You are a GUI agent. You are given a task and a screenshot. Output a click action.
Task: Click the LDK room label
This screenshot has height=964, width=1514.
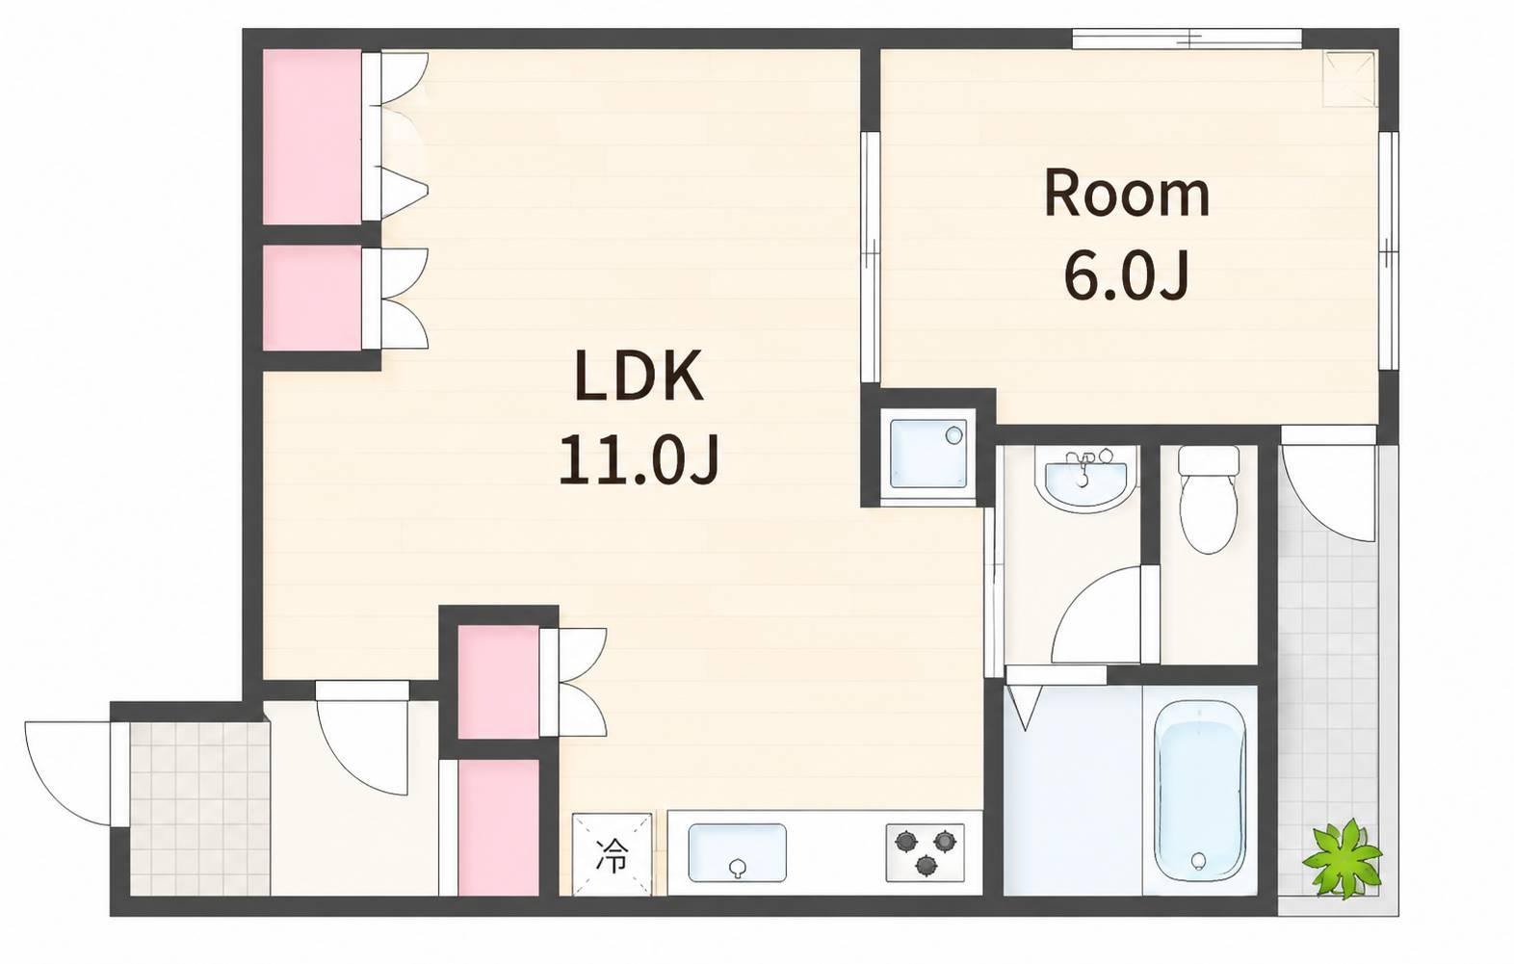(x=639, y=375)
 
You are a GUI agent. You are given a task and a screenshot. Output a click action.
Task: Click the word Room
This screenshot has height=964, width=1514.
(x=1127, y=195)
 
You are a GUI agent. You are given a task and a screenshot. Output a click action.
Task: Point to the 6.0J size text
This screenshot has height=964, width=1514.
(x=1127, y=274)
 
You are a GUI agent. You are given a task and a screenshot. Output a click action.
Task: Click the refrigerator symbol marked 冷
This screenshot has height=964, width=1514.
(x=613, y=854)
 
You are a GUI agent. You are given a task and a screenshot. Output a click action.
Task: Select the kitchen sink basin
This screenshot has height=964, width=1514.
(x=737, y=852)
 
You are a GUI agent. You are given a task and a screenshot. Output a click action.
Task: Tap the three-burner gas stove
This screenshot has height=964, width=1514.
(x=925, y=852)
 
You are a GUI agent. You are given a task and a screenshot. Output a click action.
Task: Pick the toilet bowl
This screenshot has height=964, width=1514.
(x=1209, y=500)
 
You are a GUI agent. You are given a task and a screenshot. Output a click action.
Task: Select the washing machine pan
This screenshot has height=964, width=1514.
(x=927, y=453)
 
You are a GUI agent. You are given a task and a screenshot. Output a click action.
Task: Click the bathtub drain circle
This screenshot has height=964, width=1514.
(x=1199, y=861)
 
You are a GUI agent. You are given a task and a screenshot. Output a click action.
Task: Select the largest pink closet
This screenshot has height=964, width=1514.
(x=312, y=137)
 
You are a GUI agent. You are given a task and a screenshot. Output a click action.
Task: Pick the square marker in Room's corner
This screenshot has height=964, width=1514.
(x=1349, y=79)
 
